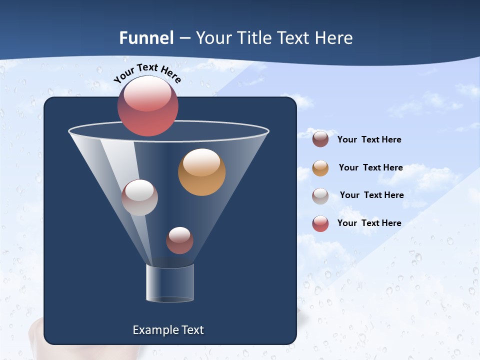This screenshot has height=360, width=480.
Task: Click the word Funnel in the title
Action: pyautogui.click(x=146, y=37)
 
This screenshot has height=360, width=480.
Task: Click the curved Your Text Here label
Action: pyautogui.click(x=147, y=72)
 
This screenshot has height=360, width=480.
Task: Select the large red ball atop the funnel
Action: pyautogui.click(x=148, y=106)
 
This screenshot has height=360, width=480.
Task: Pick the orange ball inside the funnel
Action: pyautogui.click(x=201, y=172)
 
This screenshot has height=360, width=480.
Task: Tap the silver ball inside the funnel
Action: pyautogui.click(x=139, y=197)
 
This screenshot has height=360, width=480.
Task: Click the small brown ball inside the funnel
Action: pyautogui.click(x=179, y=240)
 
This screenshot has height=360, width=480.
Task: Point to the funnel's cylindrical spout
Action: pyautogui.click(x=169, y=283)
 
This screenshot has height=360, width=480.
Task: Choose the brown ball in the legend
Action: pyautogui.click(x=320, y=139)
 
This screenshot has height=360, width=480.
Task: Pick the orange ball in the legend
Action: pyautogui.click(x=320, y=168)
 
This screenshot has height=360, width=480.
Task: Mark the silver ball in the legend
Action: pyautogui.click(x=320, y=196)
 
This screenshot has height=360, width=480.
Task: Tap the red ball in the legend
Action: pyautogui.click(x=320, y=223)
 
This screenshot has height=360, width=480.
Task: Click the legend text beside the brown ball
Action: pyautogui.click(x=369, y=139)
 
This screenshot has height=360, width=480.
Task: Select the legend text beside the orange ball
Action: pyautogui.click(x=370, y=167)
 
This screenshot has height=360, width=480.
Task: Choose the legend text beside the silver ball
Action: pyautogui.click(x=371, y=195)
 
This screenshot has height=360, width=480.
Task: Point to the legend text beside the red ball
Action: pyautogui.click(x=369, y=223)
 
